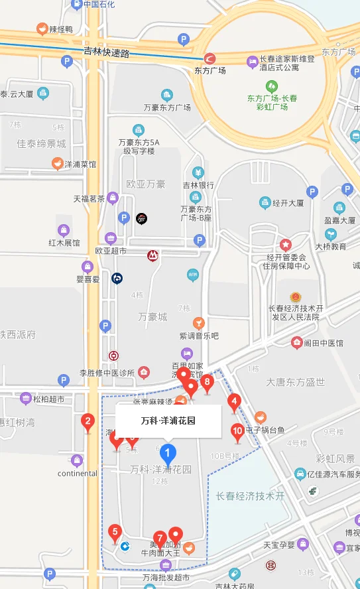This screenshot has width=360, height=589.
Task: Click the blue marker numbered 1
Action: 168,455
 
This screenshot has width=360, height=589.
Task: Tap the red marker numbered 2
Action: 88,421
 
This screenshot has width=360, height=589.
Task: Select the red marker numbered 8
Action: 207,382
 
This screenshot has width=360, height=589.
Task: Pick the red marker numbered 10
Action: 233,401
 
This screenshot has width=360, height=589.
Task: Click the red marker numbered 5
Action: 115,532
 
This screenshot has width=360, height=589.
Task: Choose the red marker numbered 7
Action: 160,539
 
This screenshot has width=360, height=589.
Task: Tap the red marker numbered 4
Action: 233,401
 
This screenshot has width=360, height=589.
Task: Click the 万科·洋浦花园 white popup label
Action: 168,421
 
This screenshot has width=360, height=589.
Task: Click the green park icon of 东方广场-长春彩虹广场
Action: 272,86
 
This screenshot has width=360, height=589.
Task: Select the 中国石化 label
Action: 99,5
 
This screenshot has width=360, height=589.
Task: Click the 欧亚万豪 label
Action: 146,184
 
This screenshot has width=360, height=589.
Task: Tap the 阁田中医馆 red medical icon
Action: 296,343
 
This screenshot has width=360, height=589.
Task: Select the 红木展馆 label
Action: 64,243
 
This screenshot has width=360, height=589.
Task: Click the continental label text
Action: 78,474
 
